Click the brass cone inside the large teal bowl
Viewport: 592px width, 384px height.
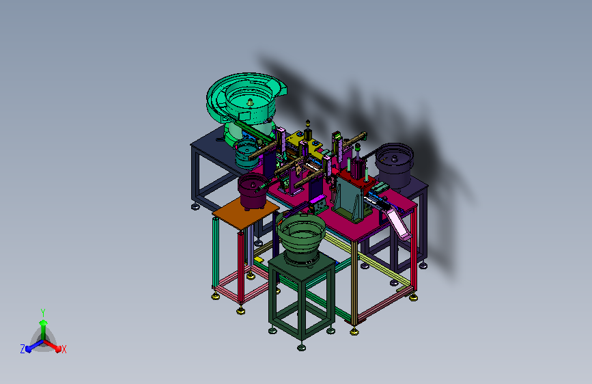[250, 102]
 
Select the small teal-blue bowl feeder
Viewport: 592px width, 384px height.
[246, 154]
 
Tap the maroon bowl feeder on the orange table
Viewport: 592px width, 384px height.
[252, 191]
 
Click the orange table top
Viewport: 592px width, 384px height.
[245, 214]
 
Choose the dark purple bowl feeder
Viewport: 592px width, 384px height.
[394, 165]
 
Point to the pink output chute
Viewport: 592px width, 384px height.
[398, 223]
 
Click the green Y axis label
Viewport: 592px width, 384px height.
[43, 312]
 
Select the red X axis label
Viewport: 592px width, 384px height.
[64, 349]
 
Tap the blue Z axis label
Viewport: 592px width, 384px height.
[23, 349]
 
